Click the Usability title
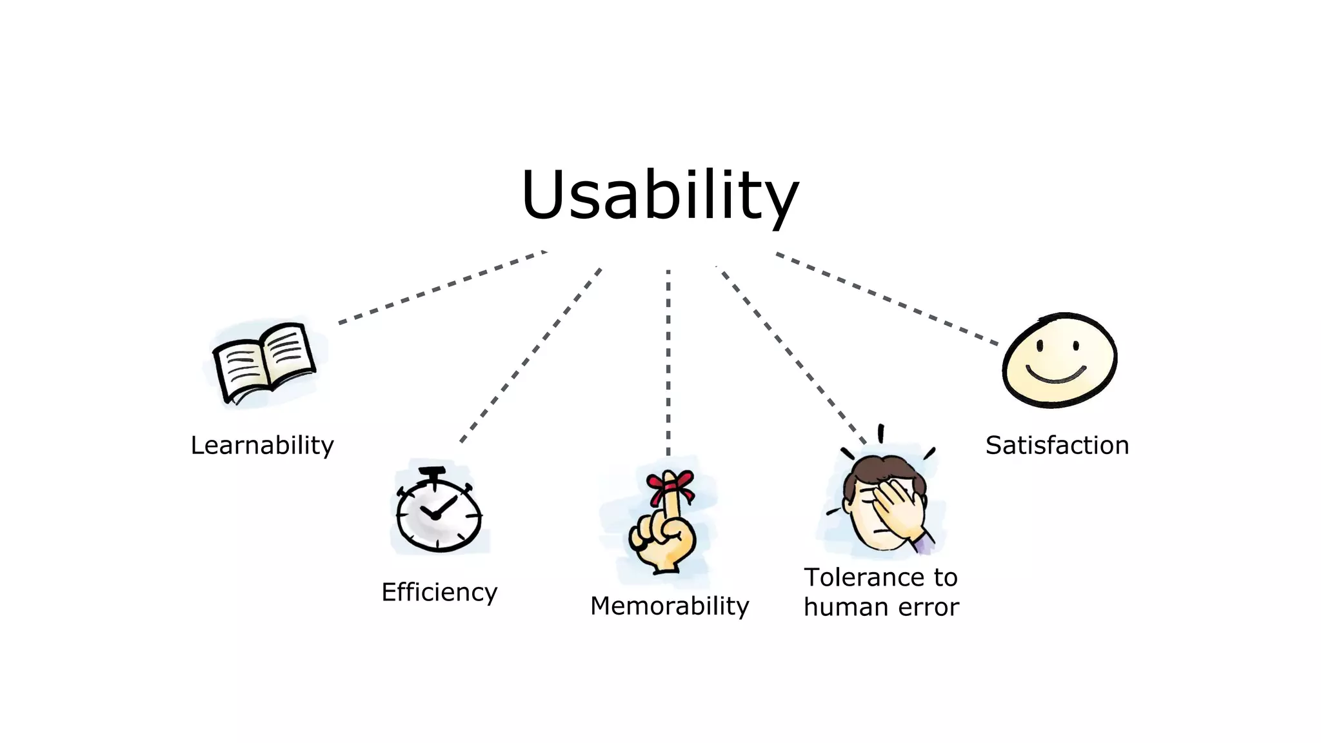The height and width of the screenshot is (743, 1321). point(659,195)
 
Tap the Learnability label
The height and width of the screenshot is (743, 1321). point(262,446)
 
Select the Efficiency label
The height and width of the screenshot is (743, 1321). point(439,592)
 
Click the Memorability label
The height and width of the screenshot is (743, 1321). point(670,606)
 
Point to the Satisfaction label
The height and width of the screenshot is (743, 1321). point(1057,446)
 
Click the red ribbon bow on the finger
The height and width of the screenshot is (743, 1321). point(671,485)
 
